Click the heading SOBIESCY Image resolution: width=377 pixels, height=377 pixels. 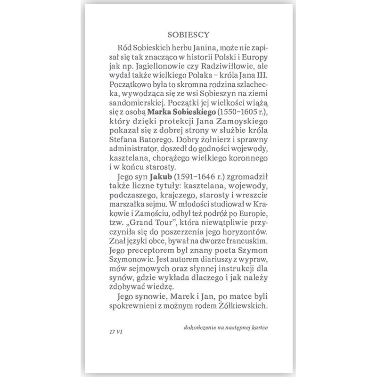pos(188,34)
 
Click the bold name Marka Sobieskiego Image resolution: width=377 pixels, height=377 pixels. pos(177,121)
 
